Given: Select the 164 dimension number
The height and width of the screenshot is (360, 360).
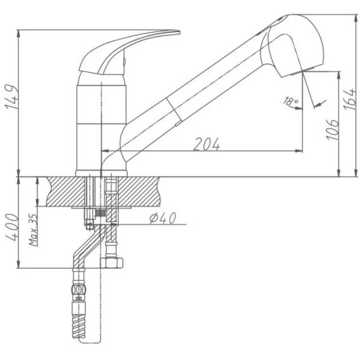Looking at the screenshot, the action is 349,99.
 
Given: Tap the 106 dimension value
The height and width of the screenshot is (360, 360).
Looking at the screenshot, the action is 333,130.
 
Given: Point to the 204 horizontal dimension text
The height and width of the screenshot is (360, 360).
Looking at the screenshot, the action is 207,144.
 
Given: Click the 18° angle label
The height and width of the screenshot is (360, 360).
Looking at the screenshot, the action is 291,101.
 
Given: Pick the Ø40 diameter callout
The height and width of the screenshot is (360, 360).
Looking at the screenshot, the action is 163,218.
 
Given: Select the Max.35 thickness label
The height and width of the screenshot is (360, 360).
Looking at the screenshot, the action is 33,230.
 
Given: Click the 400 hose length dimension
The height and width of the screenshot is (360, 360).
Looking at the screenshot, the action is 11,228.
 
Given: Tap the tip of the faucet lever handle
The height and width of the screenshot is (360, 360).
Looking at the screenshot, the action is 179,32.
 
